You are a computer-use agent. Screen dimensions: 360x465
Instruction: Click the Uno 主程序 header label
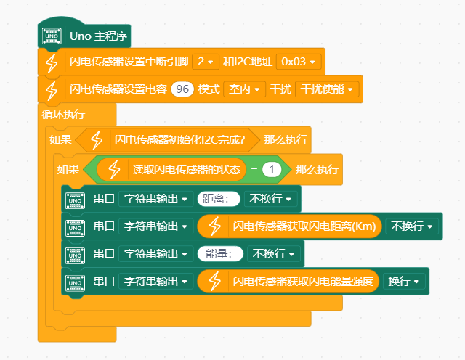(99, 36)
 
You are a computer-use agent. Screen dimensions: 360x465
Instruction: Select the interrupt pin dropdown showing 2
(206, 62)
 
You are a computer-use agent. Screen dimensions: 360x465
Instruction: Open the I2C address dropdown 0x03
(300, 62)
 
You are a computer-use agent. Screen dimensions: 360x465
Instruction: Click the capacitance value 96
(182, 89)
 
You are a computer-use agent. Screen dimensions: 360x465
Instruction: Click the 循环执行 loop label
(64, 114)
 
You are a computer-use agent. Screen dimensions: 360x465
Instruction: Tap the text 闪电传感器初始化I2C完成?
(179, 139)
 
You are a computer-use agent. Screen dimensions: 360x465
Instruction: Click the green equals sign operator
(254, 170)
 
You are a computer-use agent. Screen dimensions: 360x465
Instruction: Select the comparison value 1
(272, 170)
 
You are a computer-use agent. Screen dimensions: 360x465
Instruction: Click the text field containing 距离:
(218, 199)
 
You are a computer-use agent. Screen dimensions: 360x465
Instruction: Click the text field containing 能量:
(219, 253)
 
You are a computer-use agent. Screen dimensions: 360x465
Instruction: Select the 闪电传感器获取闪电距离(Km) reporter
(304, 226)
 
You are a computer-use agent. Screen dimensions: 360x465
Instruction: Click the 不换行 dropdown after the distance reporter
(411, 226)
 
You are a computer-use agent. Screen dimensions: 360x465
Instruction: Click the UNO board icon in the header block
(51, 36)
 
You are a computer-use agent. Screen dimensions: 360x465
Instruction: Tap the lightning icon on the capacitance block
(51, 89)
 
